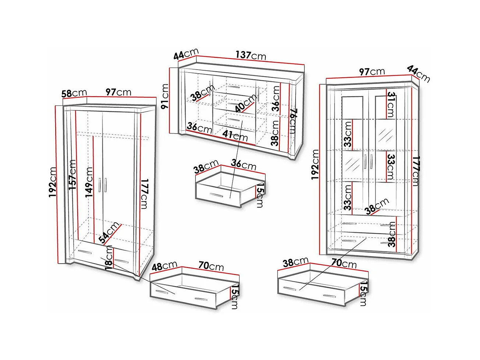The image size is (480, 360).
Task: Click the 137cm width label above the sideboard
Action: tap(251, 55)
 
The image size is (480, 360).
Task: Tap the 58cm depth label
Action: tap(74, 93)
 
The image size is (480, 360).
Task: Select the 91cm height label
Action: tap(165, 96)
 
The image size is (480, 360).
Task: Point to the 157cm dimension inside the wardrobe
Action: tap(72, 174)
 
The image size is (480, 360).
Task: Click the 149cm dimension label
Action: tap(89, 182)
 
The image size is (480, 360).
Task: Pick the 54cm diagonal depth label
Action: tap(109, 233)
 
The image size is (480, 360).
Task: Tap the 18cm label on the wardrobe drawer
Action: tap(109, 258)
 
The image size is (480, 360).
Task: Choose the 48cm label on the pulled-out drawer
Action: tap(165, 266)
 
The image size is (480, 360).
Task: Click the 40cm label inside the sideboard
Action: tap(246, 103)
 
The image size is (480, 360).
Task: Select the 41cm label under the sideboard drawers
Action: tap(235, 135)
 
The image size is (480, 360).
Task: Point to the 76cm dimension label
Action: tap(292, 121)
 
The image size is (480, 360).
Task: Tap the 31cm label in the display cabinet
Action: tap(390, 105)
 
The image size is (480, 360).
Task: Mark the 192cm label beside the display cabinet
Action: tap(315, 164)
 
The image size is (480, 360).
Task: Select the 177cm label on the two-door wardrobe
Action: tap(144, 194)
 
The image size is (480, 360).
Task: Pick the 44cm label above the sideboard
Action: tap(186, 54)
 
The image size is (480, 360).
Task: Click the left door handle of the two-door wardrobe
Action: tap(100, 185)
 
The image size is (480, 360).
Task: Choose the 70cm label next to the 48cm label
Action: tap(211, 265)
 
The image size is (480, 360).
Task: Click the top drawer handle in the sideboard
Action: tap(233, 87)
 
